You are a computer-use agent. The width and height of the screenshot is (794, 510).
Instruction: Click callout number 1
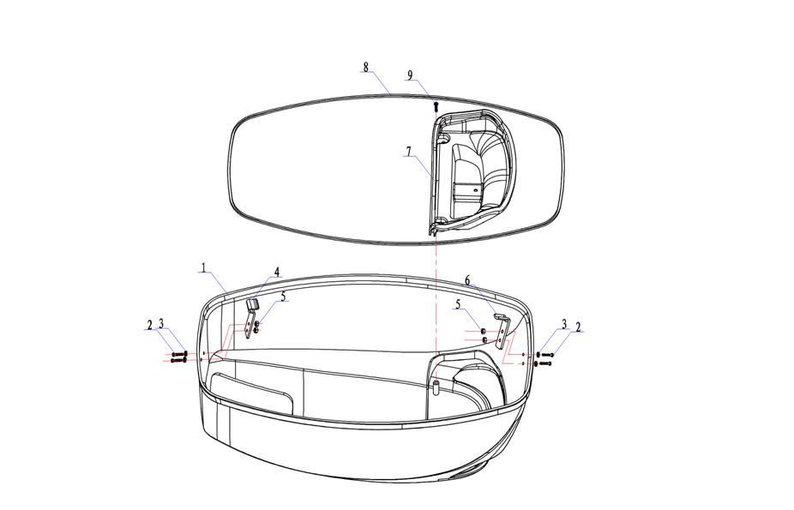(x=203, y=267)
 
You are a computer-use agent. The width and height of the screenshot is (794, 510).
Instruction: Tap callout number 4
(x=277, y=273)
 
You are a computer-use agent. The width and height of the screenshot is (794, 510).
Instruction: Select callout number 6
(x=467, y=280)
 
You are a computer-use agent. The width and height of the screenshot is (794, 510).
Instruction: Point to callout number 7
(x=408, y=151)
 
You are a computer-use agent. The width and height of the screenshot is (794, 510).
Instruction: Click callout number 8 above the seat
(x=366, y=68)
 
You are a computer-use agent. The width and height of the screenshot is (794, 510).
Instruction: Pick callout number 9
(x=410, y=75)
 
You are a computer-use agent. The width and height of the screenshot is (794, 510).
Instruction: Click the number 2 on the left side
(x=150, y=324)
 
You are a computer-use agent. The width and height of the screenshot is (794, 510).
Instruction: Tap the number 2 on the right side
(x=578, y=327)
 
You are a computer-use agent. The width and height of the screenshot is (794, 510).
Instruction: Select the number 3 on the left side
(x=161, y=323)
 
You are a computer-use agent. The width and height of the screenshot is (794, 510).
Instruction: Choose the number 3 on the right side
(x=563, y=323)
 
